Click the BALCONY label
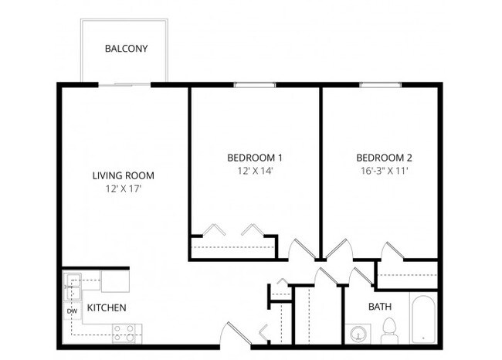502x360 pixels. (126, 49)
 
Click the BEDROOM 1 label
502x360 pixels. (254, 158)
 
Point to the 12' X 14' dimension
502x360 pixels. (254, 172)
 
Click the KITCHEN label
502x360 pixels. (107, 308)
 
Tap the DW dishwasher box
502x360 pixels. (70, 311)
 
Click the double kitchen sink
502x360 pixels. (73, 287)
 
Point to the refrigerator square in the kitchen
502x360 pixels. (116, 279)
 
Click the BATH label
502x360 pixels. (379, 307)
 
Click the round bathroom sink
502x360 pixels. (358, 334)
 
